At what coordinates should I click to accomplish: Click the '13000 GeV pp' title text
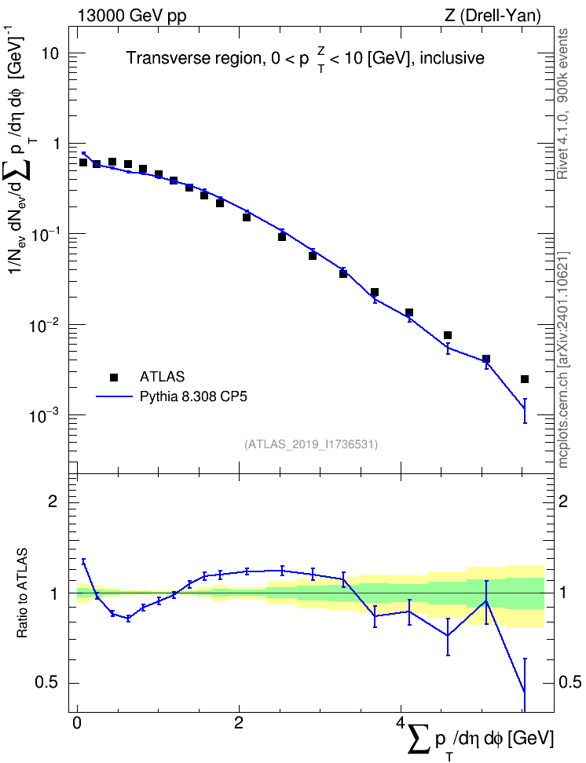(x=132, y=16)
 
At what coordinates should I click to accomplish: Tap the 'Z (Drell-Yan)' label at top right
(x=493, y=16)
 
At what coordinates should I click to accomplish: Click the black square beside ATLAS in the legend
(x=114, y=377)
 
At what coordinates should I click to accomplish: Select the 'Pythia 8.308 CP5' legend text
(x=193, y=396)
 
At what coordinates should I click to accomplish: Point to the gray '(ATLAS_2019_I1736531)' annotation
(x=311, y=444)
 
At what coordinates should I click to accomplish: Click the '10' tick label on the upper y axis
(x=49, y=53)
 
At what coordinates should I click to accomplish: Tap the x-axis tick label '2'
(x=239, y=722)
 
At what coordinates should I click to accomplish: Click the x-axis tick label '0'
(x=77, y=722)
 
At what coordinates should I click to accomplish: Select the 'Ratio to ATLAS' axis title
(x=22, y=593)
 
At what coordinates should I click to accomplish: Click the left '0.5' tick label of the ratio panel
(x=46, y=683)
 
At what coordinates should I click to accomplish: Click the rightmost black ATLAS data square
(x=525, y=379)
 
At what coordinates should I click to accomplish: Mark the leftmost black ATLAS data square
(x=82, y=162)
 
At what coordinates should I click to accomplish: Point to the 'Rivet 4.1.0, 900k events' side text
(x=562, y=104)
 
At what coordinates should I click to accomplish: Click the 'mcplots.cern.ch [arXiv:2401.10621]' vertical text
(x=563, y=360)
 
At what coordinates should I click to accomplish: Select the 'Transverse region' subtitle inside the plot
(x=194, y=58)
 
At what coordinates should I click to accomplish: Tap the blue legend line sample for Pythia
(x=114, y=397)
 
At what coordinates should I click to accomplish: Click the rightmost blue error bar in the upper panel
(x=525, y=411)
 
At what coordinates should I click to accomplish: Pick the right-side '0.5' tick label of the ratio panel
(x=570, y=683)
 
